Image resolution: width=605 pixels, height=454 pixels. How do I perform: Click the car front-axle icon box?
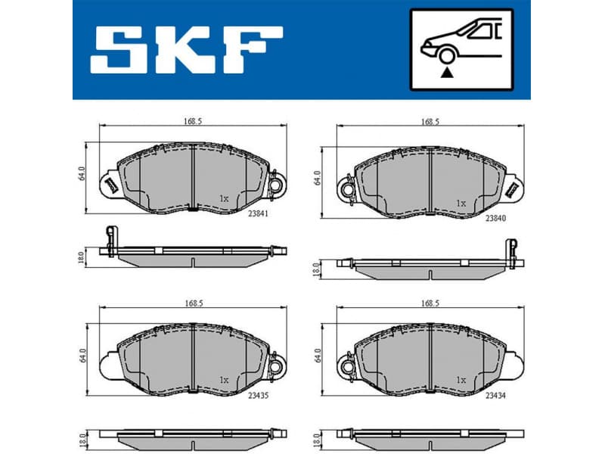tap(461, 49)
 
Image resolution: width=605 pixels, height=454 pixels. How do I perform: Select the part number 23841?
tap(258, 214)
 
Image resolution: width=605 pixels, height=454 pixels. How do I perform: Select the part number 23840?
tap(495, 219)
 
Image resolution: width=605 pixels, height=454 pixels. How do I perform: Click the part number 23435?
tap(258, 394)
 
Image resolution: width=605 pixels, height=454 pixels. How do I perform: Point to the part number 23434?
tap(495, 394)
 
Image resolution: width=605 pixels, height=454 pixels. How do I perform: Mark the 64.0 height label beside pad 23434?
tap(318, 355)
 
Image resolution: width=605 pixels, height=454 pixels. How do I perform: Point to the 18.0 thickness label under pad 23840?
tap(318, 267)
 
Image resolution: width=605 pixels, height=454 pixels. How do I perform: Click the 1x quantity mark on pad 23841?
tap(224, 198)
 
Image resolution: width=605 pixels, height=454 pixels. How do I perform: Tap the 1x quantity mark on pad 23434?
tap(461, 380)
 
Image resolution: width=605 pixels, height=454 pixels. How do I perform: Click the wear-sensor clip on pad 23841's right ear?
tap(277, 185)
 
